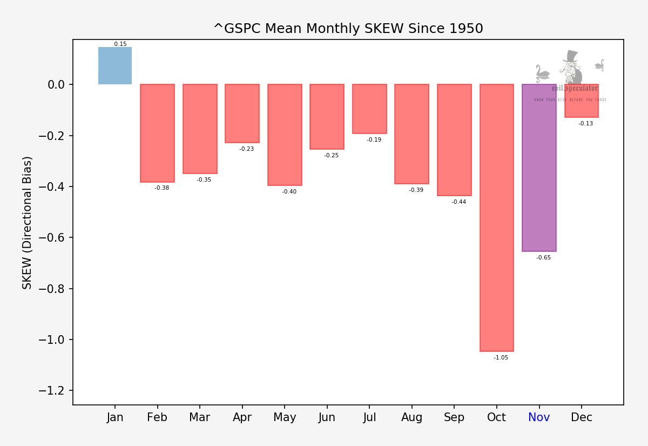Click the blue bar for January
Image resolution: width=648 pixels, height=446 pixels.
114,65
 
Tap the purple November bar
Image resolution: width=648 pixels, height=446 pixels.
539,168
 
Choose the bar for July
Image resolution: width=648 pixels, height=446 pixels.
369,109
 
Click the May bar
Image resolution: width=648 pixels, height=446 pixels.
285,135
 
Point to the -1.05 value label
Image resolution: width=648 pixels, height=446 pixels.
501,358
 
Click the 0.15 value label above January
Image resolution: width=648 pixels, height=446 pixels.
120,44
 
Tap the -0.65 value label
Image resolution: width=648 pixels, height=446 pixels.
543,258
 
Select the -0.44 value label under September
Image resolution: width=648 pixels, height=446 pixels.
458,202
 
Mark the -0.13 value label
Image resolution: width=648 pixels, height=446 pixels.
585,124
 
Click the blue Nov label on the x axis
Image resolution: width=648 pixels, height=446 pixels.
539,417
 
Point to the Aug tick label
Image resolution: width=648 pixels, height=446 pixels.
412,417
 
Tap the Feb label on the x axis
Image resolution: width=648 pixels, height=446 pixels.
157,417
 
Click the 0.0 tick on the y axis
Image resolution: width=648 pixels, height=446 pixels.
56,85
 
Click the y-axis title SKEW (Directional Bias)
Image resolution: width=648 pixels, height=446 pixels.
28,222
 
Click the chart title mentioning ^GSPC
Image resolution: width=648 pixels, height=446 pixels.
348,29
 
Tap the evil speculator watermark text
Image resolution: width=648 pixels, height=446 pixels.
575,88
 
